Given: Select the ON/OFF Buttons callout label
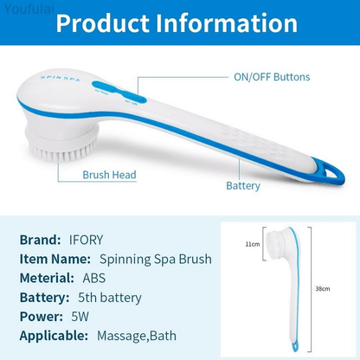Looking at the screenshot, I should click(x=271, y=77).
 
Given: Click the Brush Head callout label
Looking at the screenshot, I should click(x=109, y=175).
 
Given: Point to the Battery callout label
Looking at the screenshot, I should click(x=243, y=185).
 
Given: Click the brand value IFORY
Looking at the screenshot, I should click(x=87, y=240).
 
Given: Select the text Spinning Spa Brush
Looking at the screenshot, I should click(x=154, y=259).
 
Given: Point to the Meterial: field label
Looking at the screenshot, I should click(x=46, y=278).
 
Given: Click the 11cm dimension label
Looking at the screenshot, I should click(x=252, y=245).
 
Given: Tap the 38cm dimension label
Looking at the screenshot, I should click(x=322, y=288).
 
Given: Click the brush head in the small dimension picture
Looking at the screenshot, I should click(x=276, y=246).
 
